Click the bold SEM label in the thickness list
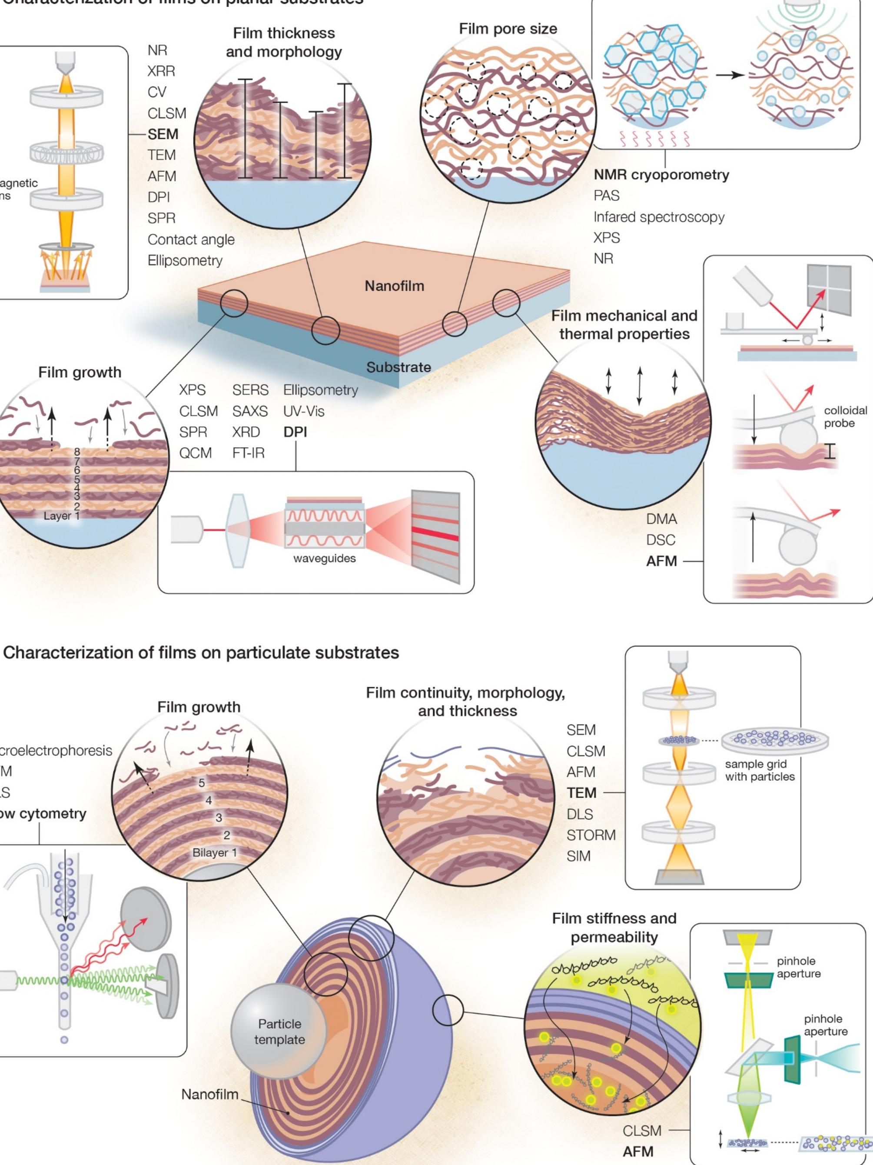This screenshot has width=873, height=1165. coord(163,134)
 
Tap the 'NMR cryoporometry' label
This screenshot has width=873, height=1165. coord(661,175)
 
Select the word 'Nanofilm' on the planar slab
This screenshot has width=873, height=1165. coord(395,286)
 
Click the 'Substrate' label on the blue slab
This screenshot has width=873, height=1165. coord(398,367)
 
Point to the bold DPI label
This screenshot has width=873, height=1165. coord(295,432)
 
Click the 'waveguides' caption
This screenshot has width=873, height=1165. coord(324,558)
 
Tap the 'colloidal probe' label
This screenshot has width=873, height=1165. coord(845,416)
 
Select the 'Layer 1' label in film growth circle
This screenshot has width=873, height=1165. coord(61,516)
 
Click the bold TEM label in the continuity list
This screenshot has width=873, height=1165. coord(581,792)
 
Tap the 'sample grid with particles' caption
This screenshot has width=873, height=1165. coord(759,770)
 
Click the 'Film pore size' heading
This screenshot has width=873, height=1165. coord(508,29)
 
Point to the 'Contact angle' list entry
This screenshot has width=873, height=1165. coord(191,240)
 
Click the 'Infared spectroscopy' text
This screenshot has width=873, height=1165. coord(659,217)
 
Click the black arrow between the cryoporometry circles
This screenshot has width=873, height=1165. coord(729,75)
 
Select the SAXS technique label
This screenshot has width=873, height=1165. coord(250,411)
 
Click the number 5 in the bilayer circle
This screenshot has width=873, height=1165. coord(202,783)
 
